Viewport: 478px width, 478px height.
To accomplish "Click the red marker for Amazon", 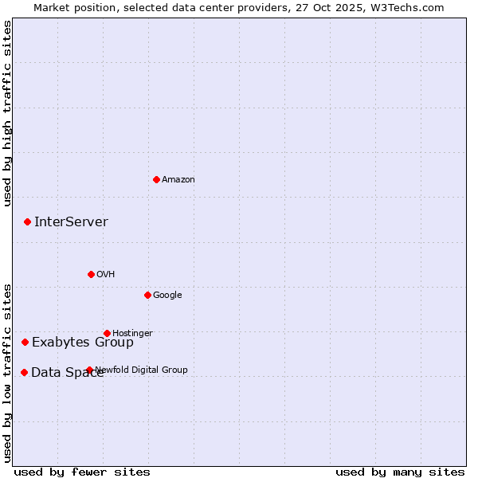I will (x=156, y=179).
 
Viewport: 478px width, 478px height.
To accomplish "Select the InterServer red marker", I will (x=27, y=221).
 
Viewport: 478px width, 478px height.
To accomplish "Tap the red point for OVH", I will (x=91, y=274).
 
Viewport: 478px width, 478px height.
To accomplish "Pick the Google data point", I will (x=147, y=295).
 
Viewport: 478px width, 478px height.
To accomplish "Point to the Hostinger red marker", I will (x=107, y=333).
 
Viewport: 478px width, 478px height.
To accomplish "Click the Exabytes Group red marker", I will (x=25, y=342).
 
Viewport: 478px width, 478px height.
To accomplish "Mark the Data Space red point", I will (x=24, y=372).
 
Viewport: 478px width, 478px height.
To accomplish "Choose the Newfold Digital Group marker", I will (x=89, y=370).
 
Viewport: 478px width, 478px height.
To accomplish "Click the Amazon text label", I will (x=178, y=179).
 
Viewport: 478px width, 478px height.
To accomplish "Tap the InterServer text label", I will (x=71, y=221).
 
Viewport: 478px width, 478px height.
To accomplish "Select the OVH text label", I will (x=105, y=274).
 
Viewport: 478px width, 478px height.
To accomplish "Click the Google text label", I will (x=167, y=295).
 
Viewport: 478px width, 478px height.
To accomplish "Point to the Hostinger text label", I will (x=132, y=333).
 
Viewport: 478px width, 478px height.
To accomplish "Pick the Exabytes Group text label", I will (x=83, y=343).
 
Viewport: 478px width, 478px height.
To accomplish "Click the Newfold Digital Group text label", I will (x=142, y=370).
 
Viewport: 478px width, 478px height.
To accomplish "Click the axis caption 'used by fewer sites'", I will (x=82, y=472).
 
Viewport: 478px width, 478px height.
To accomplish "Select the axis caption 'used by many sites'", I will (x=400, y=472).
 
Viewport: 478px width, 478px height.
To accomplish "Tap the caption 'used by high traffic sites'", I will (x=7, y=114).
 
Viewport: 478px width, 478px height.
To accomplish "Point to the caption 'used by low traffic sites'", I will (x=7, y=372).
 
